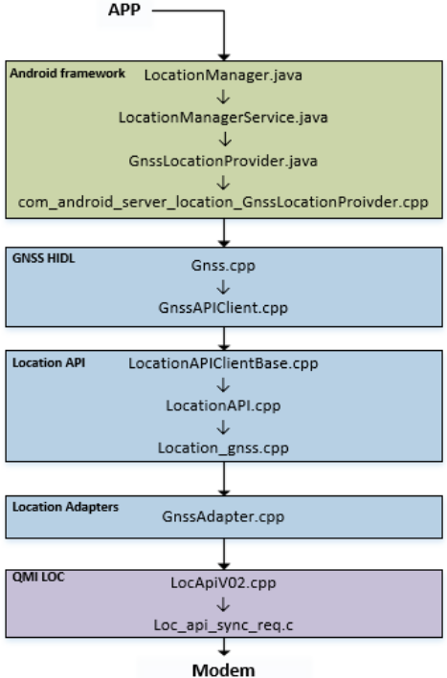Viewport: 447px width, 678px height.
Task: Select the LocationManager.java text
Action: tap(223, 74)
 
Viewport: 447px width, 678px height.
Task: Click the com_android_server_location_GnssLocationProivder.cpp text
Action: tap(223, 202)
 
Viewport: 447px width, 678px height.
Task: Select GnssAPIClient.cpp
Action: tap(223, 310)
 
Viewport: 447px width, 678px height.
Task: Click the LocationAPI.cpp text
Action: tap(223, 406)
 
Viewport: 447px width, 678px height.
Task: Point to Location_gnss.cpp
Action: tap(223, 447)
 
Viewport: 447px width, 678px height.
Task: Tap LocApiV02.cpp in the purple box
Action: tap(223, 580)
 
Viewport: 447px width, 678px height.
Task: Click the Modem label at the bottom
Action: tap(223, 668)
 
